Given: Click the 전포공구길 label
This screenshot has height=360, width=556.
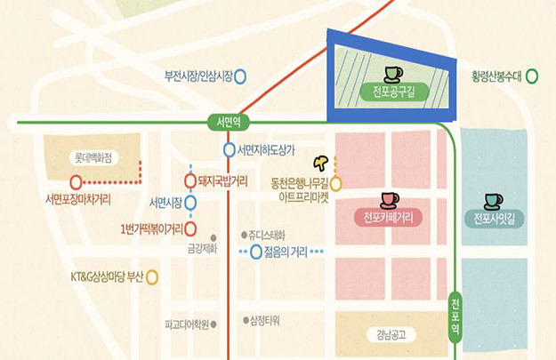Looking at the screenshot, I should click(392, 92).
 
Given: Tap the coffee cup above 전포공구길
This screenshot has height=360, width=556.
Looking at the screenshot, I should click(392, 72).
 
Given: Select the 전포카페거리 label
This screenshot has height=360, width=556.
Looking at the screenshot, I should click(389, 217).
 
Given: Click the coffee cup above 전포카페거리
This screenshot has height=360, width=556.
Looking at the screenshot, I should click(389, 198).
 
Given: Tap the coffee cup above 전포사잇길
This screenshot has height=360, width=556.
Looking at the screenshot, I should click(493, 199).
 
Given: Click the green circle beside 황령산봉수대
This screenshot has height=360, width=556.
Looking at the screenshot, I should click(533, 76).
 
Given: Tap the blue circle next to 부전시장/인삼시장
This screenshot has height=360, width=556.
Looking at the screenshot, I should click(240, 76).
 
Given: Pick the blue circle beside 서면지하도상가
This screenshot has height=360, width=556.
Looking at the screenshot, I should click(230, 149).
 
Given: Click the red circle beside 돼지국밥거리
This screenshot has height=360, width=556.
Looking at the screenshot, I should click(191, 179).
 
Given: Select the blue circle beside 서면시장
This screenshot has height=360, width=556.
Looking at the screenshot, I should click(191, 201).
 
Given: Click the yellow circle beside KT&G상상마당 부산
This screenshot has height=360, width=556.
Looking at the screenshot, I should click(153, 276).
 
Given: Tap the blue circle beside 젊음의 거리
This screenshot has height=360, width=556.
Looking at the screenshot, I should click(256, 252).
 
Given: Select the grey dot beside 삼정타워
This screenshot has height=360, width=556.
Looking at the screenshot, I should click(246, 318).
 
